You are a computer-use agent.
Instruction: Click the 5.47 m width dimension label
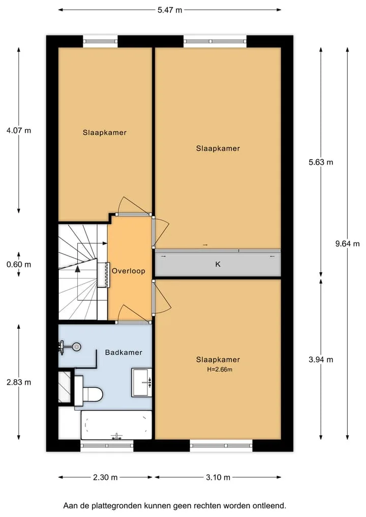(169, 10)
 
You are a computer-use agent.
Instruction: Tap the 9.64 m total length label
(347, 244)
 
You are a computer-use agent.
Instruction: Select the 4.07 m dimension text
(19, 130)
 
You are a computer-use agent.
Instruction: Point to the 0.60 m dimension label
(19, 264)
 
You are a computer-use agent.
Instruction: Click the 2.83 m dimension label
(19, 382)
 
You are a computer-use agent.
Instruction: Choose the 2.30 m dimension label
(105, 477)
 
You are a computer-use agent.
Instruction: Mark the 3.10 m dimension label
(218, 477)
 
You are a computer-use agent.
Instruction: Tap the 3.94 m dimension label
(321, 359)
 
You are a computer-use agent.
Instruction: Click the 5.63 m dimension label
(321, 162)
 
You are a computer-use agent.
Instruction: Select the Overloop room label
(128, 271)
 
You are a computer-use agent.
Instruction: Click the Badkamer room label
(124, 352)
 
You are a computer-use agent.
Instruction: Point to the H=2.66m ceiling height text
(220, 369)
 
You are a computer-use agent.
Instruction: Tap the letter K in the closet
(218, 264)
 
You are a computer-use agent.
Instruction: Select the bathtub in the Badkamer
(116, 425)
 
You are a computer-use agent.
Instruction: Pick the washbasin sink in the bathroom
(142, 382)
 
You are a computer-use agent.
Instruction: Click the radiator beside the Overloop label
(107, 275)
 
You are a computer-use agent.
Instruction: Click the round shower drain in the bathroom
(77, 347)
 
